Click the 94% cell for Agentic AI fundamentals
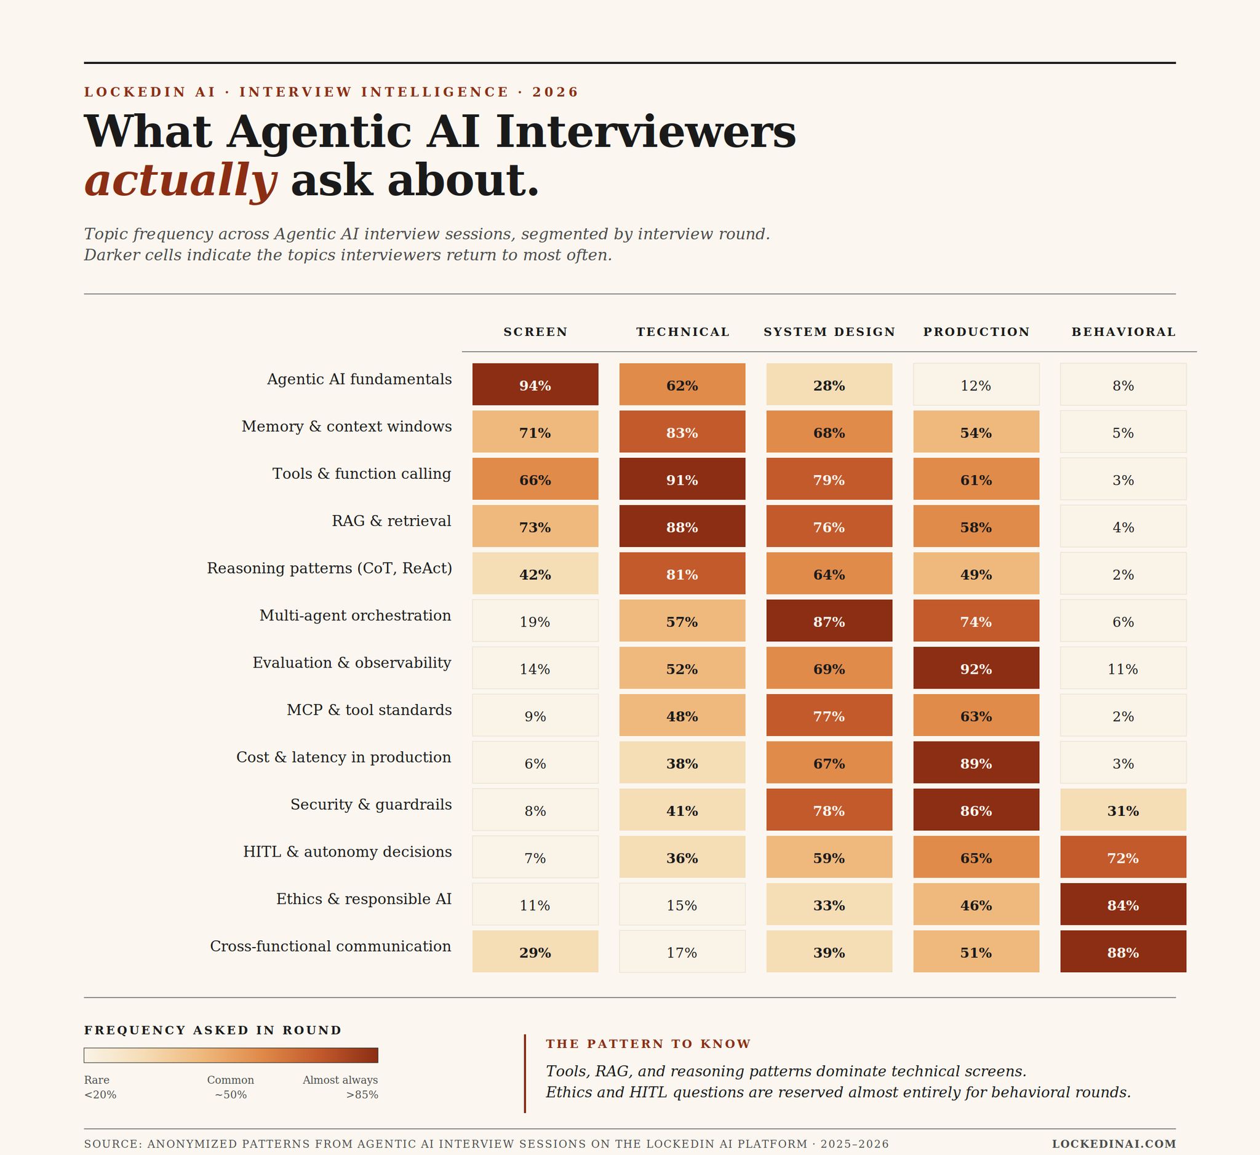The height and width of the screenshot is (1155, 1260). point(535,385)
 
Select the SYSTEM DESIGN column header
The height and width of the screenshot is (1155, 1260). point(829,332)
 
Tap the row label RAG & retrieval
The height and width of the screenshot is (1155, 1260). point(391,521)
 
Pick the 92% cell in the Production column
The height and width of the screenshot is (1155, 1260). point(976,668)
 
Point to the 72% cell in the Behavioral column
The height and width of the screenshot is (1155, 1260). point(1123,857)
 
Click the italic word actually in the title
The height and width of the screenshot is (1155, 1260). point(181,181)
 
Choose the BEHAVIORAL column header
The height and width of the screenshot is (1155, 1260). point(1123,332)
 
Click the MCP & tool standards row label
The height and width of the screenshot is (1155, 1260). point(369,709)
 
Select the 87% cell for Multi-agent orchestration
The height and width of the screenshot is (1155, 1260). point(829,621)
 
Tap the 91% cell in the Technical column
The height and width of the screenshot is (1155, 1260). point(682,479)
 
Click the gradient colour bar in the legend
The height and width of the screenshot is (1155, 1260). point(231,1055)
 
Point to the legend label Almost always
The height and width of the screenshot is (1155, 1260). point(340,1080)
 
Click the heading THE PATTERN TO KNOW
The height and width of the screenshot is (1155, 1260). point(648,1044)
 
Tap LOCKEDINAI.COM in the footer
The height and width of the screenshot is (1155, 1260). point(1114,1144)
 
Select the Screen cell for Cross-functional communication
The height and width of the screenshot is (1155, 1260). point(535,951)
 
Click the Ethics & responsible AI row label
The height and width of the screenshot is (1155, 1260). point(364,899)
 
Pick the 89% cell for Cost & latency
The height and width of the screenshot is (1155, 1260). point(976,762)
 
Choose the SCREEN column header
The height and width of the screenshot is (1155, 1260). point(536,332)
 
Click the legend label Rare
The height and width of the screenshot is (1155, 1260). point(97,1080)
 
